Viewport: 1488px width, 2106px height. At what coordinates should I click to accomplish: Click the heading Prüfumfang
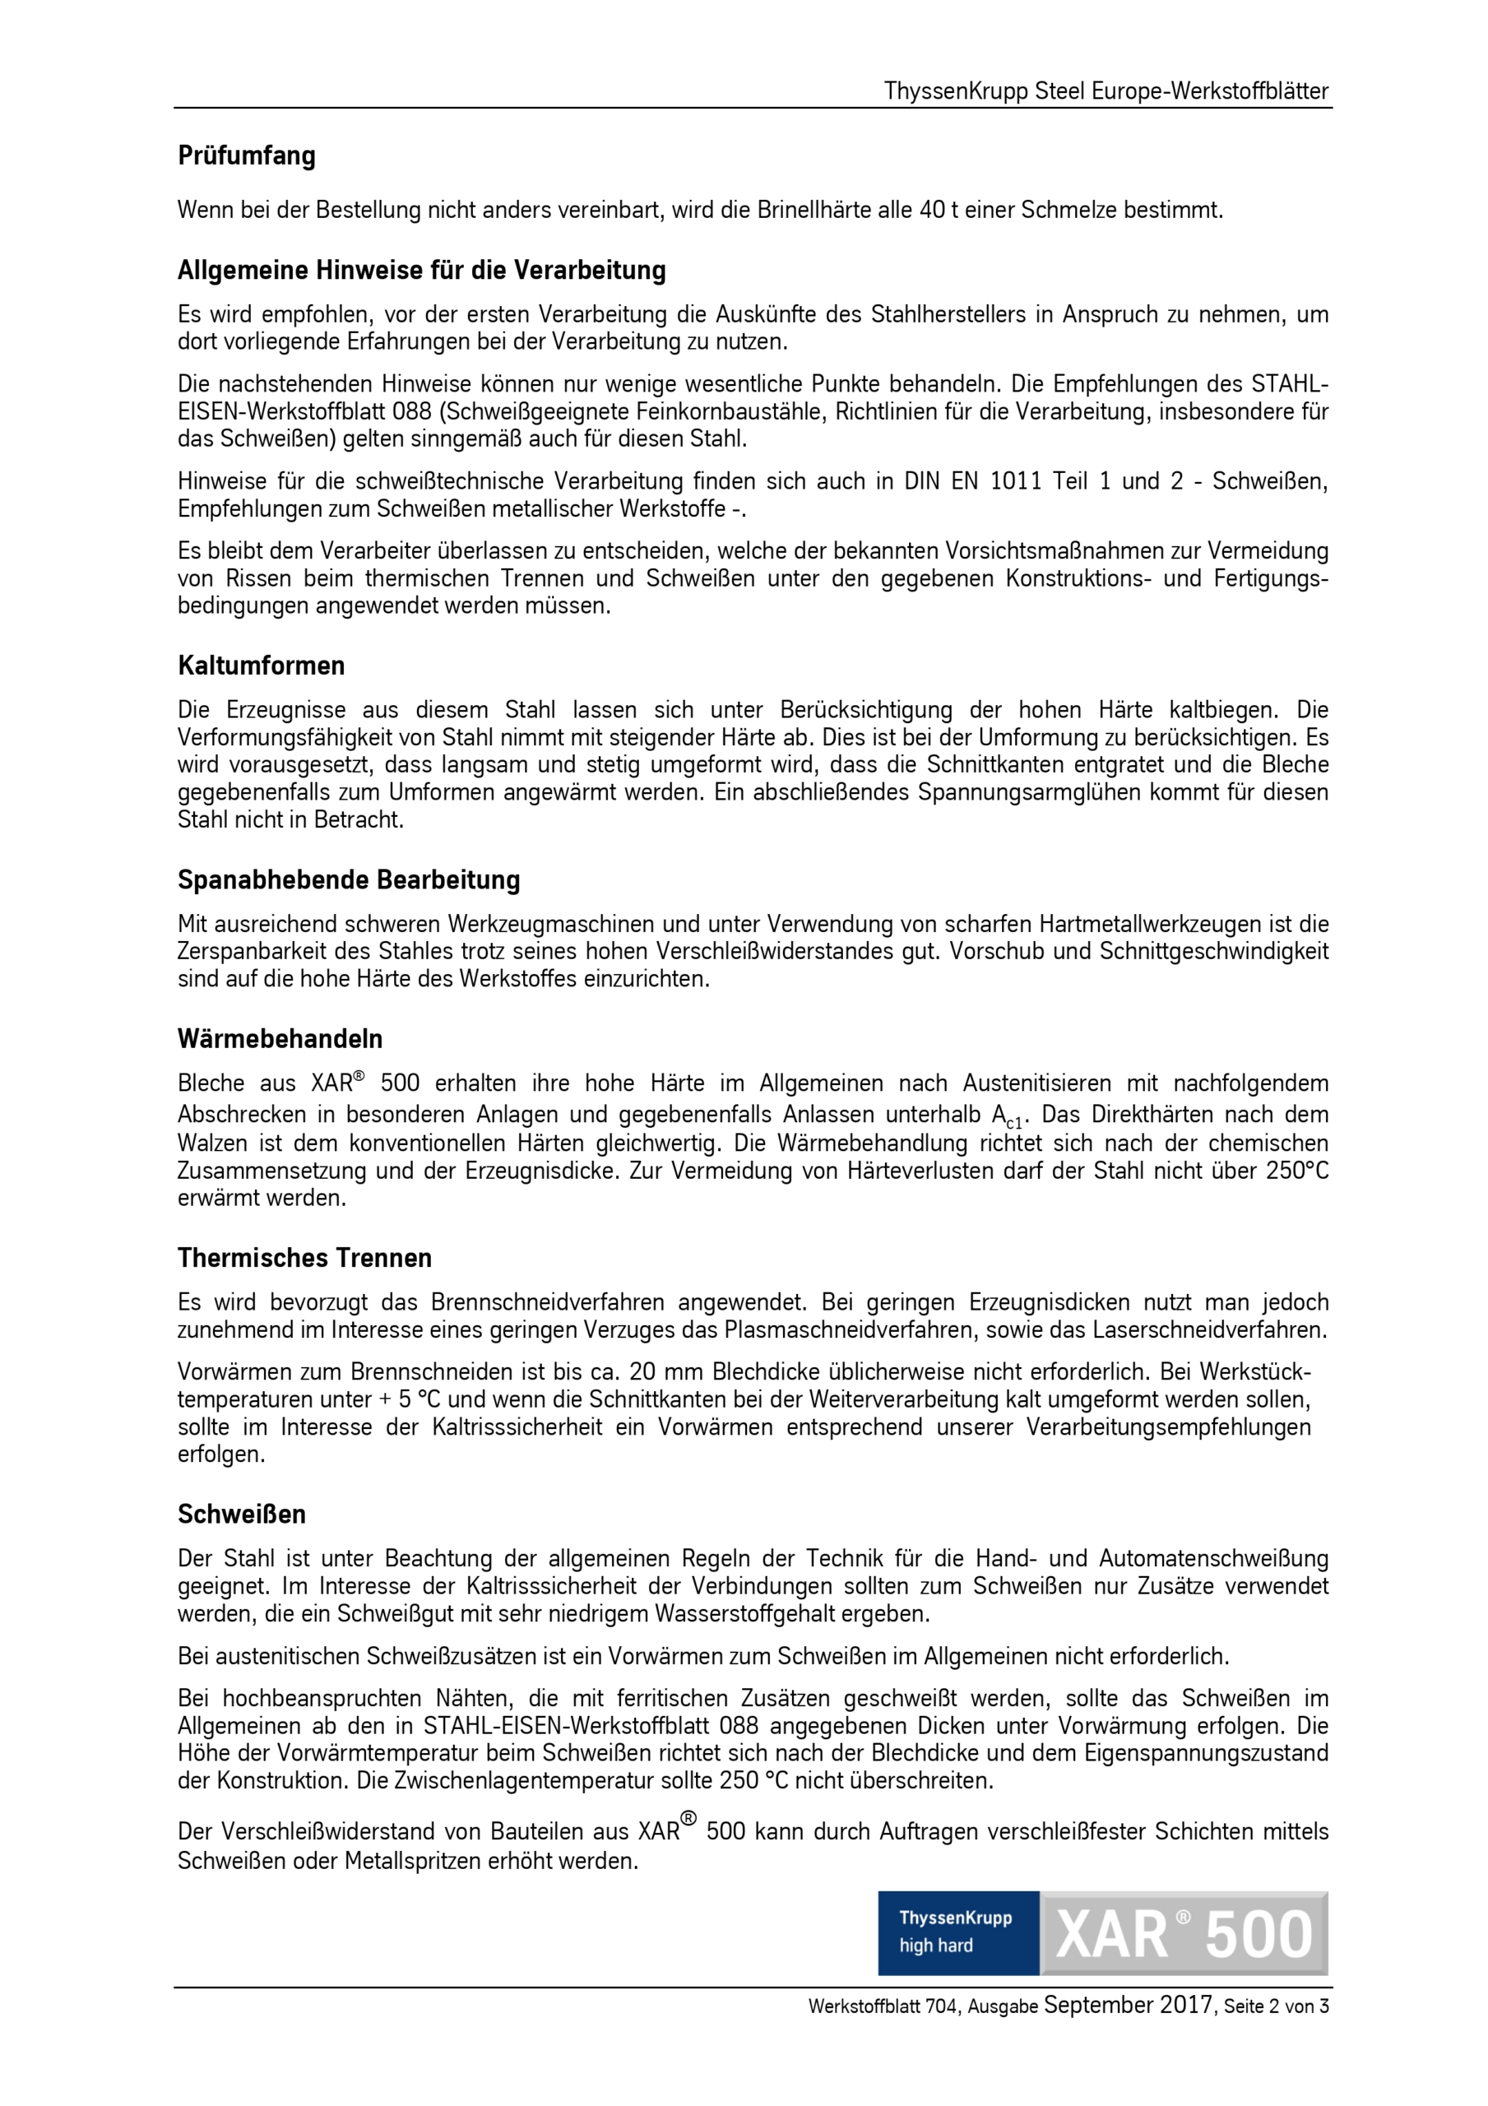(246, 156)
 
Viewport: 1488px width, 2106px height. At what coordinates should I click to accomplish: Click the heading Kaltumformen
(262, 666)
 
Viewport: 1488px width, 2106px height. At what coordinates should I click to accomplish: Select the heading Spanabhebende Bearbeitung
(349, 880)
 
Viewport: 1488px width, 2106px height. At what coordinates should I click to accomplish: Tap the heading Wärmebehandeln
(280, 1039)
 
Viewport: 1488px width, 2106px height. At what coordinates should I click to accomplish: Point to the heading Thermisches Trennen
(304, 1258)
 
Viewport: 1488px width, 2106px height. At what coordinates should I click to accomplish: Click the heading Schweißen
(241, 1514)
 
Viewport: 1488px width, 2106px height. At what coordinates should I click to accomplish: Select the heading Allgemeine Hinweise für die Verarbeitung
(422, 271)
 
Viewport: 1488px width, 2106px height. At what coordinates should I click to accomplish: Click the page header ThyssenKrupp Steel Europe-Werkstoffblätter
(1106, 91)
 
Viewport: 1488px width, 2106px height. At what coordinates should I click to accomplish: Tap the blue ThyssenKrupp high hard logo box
(957, 1932)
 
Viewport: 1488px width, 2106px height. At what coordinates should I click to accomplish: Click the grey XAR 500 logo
(1184, 1932)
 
